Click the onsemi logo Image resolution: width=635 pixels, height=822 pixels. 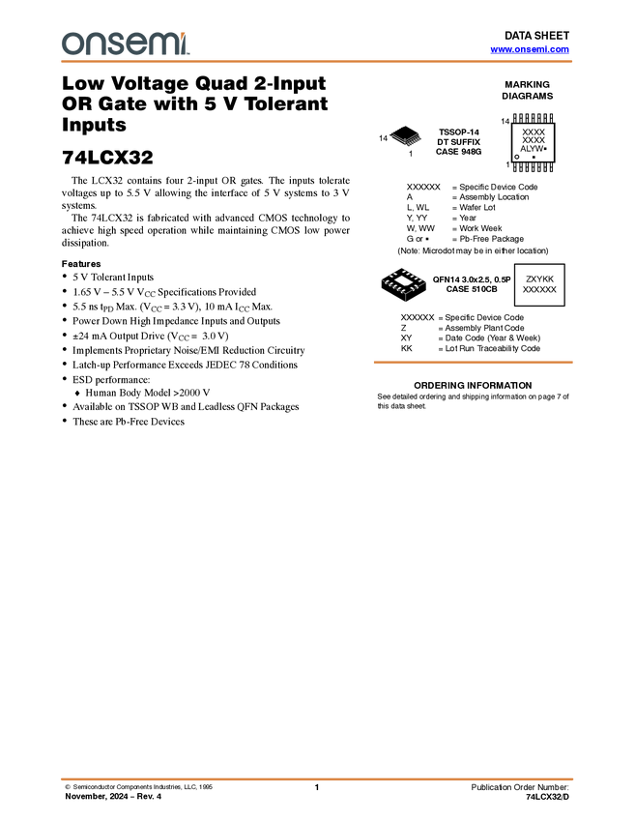126,44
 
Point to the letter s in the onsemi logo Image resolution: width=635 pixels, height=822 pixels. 118,44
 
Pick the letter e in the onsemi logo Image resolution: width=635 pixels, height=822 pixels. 138,44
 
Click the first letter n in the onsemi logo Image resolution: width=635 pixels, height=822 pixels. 95,44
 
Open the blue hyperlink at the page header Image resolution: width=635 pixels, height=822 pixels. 530,49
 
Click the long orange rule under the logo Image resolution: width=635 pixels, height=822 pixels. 317,62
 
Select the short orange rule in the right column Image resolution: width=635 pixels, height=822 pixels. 473,363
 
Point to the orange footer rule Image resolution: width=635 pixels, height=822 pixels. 317,778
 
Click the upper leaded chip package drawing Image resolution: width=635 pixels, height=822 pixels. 409,140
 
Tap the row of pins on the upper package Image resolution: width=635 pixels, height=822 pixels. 416,138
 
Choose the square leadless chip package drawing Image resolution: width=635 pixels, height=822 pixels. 403,281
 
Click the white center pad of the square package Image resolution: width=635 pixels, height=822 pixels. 403,280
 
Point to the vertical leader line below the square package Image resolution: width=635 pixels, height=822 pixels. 404,299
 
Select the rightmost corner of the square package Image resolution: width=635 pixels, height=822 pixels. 427,281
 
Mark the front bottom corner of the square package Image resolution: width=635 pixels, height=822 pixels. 404,293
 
